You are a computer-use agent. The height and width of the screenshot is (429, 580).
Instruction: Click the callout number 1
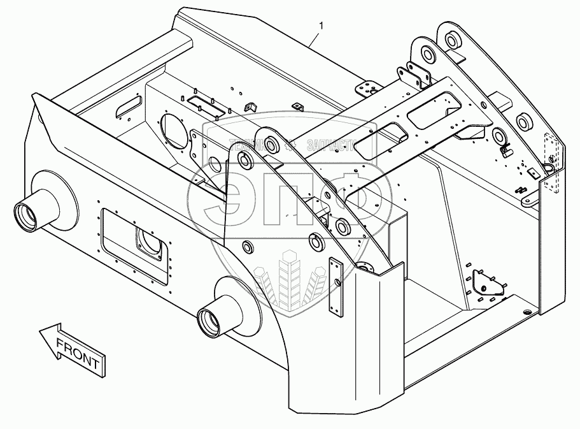pos(322,26)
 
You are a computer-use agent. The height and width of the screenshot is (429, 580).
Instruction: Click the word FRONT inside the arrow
pos(77,354)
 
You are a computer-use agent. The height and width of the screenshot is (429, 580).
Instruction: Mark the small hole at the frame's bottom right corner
pos(526,311)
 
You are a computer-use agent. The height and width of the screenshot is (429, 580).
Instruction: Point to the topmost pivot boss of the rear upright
pos(451,40)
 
